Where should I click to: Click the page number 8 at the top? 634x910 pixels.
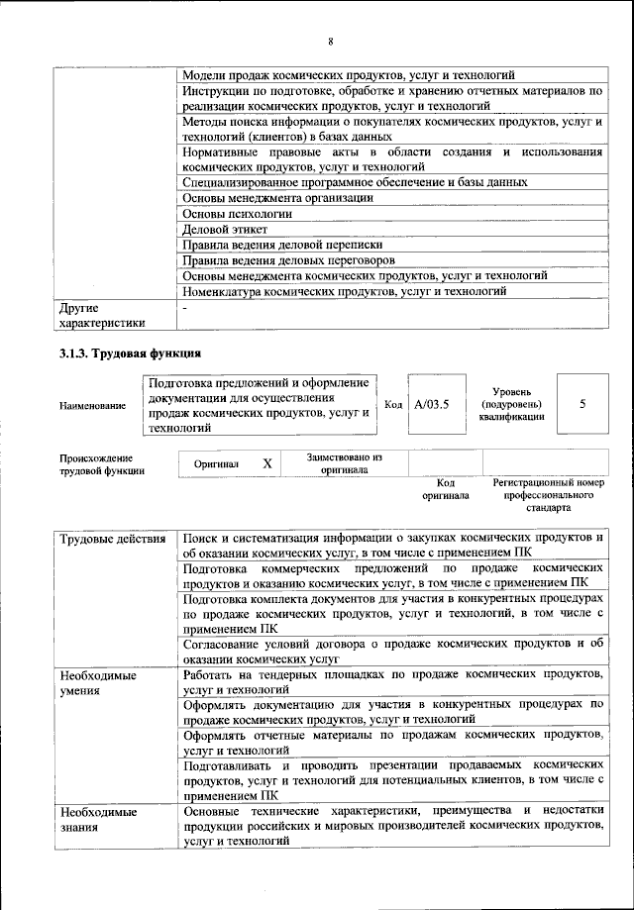click(x=331, y=41)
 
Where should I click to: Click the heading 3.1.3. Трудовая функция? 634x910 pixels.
click(x=131, y=353)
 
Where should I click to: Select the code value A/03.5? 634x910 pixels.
click(x=432, y=404)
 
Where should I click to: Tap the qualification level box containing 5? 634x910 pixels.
click(x=581, y=404)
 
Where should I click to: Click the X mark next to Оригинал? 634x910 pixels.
click(x=266, y=463)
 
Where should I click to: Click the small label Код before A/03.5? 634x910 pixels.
click(x=392, y=404)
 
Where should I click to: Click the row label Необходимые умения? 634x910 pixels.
click(x=98, y=682)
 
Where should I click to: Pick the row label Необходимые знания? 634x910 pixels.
click(x=98, y=819)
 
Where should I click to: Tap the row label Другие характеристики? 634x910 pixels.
click(x=102, y=315)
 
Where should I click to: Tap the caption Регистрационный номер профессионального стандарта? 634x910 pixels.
click(x=547, y=494)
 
